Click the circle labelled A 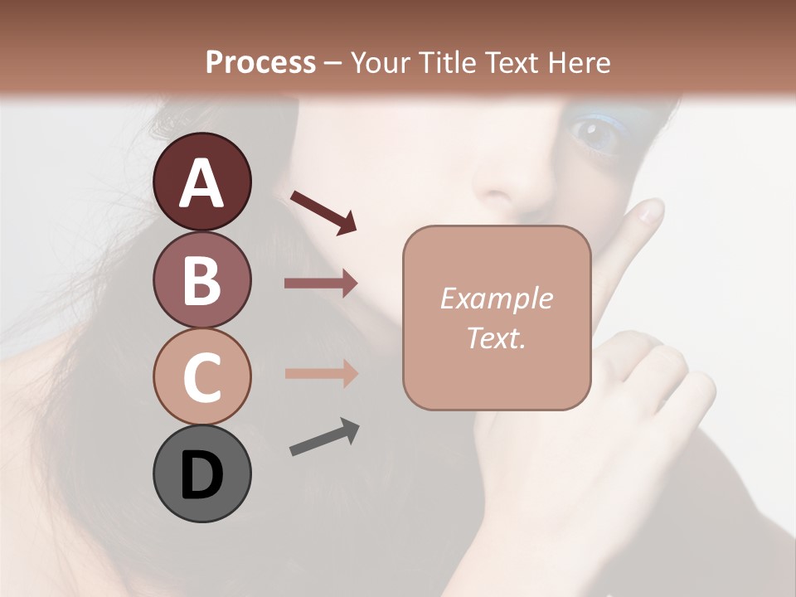201,182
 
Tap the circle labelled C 201,376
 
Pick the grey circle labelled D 201,473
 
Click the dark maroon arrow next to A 323,211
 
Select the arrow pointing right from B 320,284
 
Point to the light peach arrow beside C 320,373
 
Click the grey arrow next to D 324,437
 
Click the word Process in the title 260,63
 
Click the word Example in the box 496,298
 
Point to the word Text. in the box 496,337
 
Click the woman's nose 506,187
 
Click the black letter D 201,475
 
